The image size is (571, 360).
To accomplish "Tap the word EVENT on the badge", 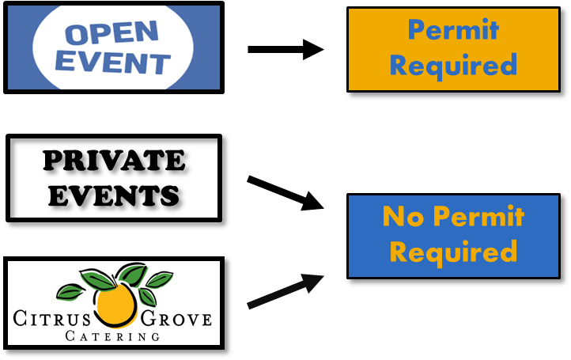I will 114,63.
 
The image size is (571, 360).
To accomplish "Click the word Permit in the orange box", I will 453,30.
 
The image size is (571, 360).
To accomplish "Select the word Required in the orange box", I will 453,64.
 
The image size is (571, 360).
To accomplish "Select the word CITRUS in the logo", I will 52,320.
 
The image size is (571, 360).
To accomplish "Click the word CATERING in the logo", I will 110,337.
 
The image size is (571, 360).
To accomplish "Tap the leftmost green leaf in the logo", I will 71,292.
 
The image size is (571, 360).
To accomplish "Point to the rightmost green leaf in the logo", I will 159,279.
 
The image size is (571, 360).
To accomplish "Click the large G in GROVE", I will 148,319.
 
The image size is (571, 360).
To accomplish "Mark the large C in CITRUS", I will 20,320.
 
